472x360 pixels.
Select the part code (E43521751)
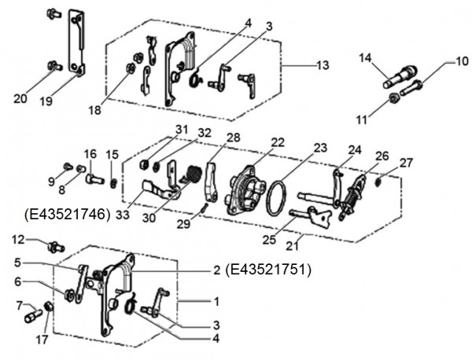click(x=269, y=270)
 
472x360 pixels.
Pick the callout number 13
click(x=323, y=65)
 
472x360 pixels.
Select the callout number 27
click(x=405, y=163)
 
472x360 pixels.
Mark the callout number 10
click(x=461, y=61)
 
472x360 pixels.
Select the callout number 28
click(x=234, y=138)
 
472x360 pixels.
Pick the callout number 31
click(x=182, y=129)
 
